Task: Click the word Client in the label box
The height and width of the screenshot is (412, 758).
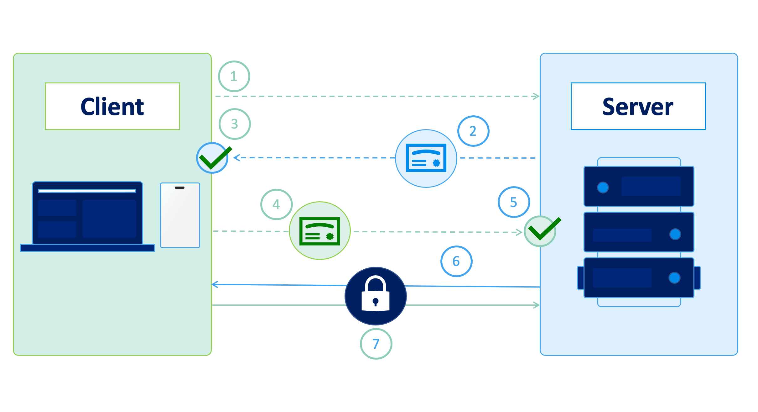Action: [112, 107]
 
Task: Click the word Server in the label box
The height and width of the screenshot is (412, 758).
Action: [638, 107]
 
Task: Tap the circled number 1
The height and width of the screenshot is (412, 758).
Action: [234, 76]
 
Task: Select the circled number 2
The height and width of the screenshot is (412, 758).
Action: [473, 131]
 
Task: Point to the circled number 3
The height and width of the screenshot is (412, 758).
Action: [235, 124]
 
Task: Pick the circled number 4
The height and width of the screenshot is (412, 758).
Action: [276, 204]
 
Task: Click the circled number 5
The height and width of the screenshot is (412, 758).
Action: [514, 202]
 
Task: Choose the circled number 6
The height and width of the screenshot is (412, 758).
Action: [456, 261]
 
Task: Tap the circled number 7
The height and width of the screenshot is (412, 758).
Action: [376, 344]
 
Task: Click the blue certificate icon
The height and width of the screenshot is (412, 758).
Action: [426, 158]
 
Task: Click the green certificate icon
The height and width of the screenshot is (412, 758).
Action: [319, 231]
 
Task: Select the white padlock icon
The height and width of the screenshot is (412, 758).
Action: [376, 295]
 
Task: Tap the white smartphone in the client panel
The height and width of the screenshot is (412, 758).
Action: [180, 215]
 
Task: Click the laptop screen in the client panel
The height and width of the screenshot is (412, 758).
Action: [87, 213]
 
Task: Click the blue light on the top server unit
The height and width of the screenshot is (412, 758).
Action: [603, 188]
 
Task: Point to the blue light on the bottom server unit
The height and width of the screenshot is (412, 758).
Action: [674, 278]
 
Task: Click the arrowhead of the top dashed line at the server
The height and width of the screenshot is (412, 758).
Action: [537, 96]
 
